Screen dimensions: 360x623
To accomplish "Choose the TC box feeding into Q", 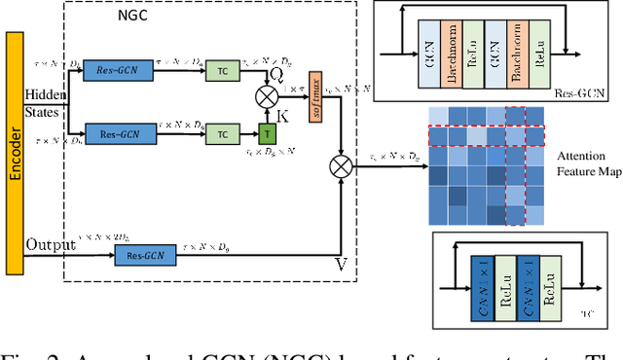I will (223, 74).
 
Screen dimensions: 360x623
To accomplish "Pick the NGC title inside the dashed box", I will (126, 18).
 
